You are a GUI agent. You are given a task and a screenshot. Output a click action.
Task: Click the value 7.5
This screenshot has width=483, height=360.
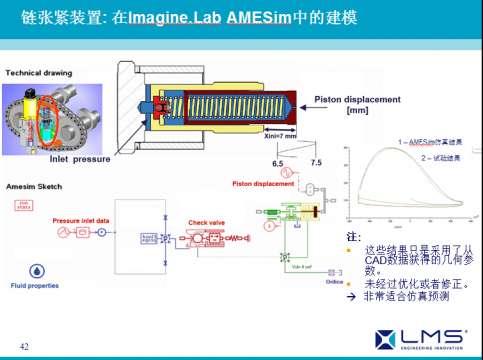pos(316,161)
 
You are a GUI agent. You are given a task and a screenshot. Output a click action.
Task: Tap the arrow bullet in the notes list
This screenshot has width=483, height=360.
pos(350,296)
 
